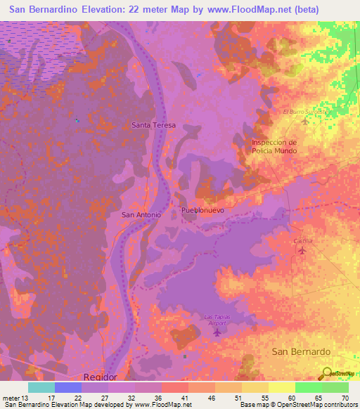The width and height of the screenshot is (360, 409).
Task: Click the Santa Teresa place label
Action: point(154,125)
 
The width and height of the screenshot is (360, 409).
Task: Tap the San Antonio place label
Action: point(142,214)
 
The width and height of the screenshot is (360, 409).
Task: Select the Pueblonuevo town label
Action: point(202,210)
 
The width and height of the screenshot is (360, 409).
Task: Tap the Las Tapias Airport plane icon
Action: point(217,332)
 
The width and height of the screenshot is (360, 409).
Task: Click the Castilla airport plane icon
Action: point(303,250)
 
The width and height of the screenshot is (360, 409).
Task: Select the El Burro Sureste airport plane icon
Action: point(304,122)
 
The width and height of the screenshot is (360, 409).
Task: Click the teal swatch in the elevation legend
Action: point(41,387)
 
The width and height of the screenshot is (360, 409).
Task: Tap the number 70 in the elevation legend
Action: point(345,398)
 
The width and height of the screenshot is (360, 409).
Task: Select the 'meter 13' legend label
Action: point(12,398)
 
